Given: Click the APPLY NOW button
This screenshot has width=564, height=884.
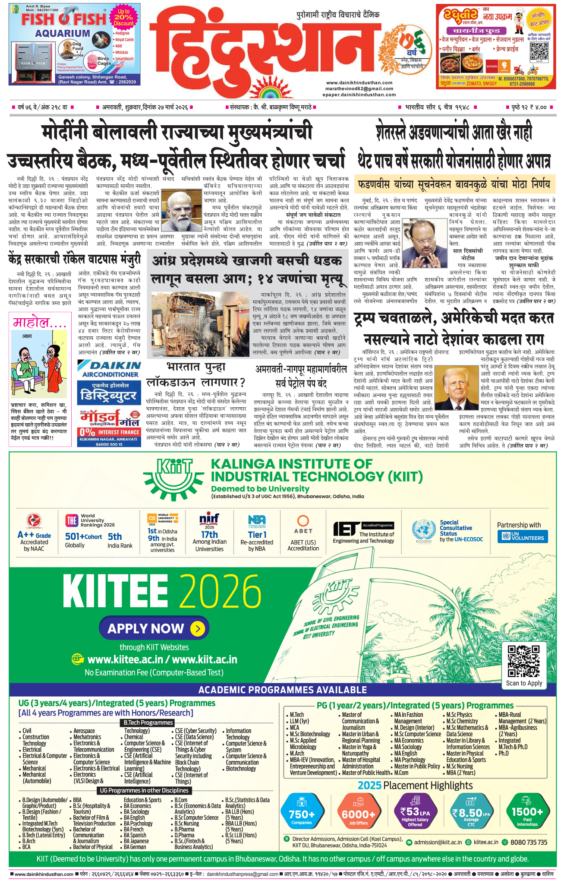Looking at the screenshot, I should click(154, 628).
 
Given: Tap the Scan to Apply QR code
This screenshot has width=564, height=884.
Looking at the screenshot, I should click(523, 661).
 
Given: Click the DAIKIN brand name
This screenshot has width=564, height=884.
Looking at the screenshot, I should click(109, 366).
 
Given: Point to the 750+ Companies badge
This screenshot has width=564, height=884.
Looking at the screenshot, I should click(302, 815).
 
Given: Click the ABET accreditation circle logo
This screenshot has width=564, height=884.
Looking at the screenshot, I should click(303, 520).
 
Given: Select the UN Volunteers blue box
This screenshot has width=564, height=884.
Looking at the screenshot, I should click(523, 537).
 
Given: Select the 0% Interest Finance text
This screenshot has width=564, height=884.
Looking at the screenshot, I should click(110, 432).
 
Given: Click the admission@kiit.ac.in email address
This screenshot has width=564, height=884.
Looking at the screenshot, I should click(438, 842).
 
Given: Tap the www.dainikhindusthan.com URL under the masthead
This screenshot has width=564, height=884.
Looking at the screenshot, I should click(359, 82).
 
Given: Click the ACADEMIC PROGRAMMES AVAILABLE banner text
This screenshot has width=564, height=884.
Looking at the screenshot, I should click(283, 690).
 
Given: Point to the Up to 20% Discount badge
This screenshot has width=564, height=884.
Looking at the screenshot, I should click(123, 18).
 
